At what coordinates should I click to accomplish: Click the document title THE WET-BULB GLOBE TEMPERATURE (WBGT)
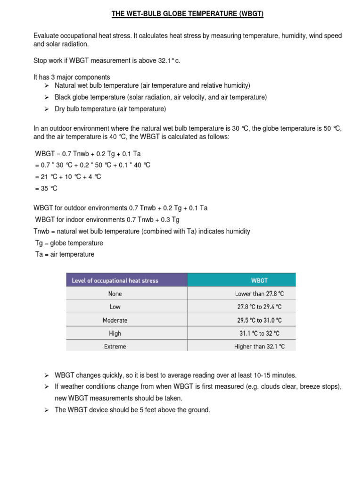pos(187,14)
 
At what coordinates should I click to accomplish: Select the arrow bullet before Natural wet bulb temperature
pos(47,85)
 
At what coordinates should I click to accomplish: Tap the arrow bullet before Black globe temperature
pos(47,97)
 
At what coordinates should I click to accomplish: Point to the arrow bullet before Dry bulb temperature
pos(47,109)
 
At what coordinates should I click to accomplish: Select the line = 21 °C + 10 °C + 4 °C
pos(67,177)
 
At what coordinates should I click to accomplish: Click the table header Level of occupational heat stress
pos(115,280)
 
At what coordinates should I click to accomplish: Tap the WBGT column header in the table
pos(259,280)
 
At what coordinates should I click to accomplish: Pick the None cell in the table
pos(115,293)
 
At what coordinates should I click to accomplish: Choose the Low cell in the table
pos(115,307)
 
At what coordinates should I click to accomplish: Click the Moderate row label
pos(115,320)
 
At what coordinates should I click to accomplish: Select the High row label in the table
pos(115,333)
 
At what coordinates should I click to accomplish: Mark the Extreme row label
pos(115,346)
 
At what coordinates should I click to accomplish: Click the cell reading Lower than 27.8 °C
pos(259,293)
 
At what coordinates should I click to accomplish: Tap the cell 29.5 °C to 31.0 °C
pos(259,320)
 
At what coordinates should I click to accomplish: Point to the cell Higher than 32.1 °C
pos(259,346)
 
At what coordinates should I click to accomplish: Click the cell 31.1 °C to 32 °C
pos(259,333)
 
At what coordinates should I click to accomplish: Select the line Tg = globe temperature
pos(69,243)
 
